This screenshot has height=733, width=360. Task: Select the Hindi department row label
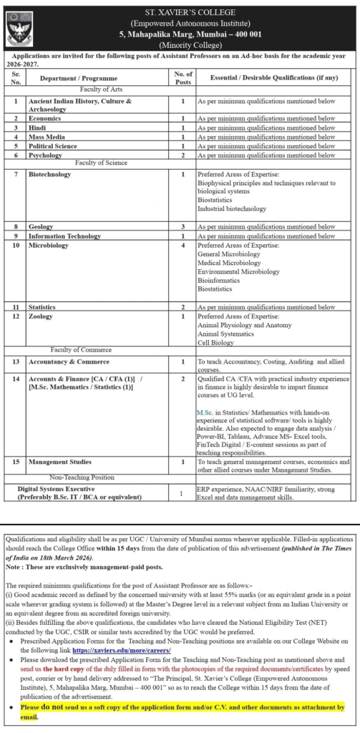38,127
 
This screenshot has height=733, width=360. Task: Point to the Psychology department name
48,155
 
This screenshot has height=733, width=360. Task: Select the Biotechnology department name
49,174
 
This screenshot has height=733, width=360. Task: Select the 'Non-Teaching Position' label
82,476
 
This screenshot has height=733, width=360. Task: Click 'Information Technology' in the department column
64,236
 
